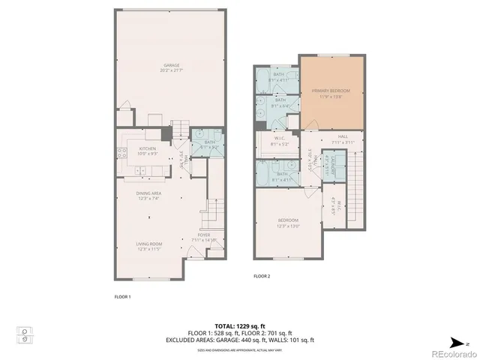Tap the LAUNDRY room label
(x=327, y=166)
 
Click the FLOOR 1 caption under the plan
(x=122, y=297)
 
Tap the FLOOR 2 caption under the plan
(x=261, y=276)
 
